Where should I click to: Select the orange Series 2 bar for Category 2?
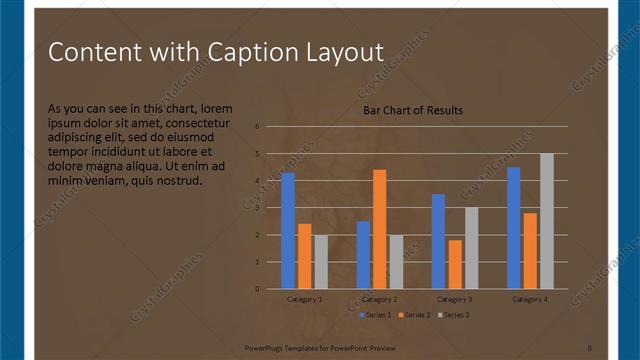(x=380, y=229)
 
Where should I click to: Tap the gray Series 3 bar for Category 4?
(x=546, y=221)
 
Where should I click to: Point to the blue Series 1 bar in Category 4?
(x=514, y=228)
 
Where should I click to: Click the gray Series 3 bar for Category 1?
(x=320, y=262)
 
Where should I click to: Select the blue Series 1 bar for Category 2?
(x=363, y=255)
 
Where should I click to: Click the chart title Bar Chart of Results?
(x=413, y=110)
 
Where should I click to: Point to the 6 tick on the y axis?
(x=257, y=127)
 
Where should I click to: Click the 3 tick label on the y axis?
(x=257, y=208)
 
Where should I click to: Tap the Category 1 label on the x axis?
(x=304, y=299)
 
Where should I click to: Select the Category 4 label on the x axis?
(x=530, y=299)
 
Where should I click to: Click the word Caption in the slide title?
(x=250, y=52)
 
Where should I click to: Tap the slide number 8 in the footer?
(x=589, y=349)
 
